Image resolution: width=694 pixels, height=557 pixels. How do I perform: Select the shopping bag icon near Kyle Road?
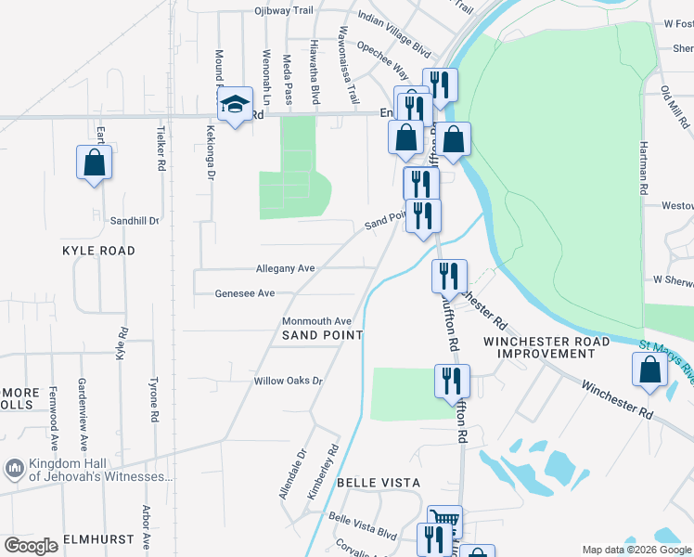(x=94, y=162)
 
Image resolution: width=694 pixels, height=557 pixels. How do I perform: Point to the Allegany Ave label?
(x=286, y=268)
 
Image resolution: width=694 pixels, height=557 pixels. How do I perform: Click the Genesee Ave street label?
(x=245, y=293)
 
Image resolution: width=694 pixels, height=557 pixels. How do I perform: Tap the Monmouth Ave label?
(x=317, y=321)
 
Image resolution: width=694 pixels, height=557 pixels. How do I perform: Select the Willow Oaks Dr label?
(x=288, y=382)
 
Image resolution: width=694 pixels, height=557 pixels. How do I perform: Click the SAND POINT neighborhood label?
(x=322, y=334)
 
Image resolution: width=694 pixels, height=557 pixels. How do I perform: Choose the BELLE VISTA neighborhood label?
(x=378, y=483)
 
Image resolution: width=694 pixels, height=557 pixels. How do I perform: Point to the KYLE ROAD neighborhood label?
(x=98, y=251)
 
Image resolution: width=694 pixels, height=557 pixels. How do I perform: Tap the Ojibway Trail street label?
(x=284, y=11)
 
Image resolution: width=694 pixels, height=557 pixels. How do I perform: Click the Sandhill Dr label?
(x=135, y=221)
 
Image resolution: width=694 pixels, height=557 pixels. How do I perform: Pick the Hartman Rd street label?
(x=642, y=167)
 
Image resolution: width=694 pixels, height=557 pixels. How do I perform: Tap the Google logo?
(x=32, y=546)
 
